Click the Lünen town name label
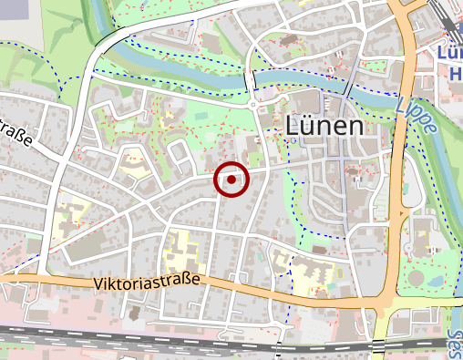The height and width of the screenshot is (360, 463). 324,126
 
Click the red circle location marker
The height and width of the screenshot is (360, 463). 231,180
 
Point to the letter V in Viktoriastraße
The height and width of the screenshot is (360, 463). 97,285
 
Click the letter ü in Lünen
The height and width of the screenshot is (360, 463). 308,126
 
